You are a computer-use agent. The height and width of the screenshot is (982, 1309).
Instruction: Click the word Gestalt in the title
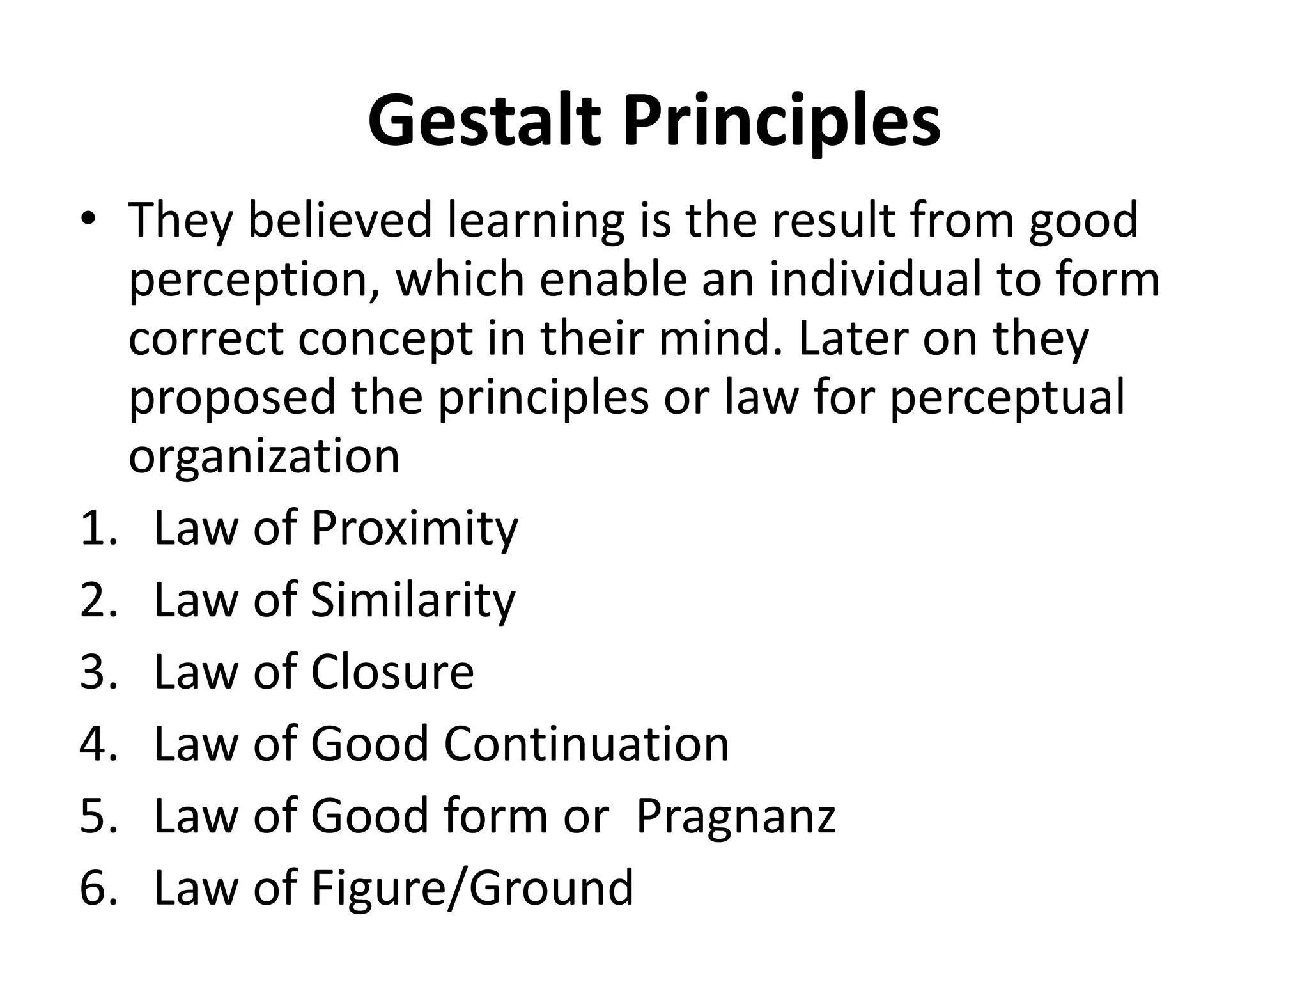[x=484, y=121]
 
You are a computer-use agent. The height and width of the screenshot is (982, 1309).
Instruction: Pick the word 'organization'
[x=264, y=456]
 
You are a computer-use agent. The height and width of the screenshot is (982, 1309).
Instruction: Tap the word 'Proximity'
[x=414, y=529]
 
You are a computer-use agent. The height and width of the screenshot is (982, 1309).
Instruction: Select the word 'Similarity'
[x=413, y=601]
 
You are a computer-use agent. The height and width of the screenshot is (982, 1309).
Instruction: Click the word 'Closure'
[x=392, y=673]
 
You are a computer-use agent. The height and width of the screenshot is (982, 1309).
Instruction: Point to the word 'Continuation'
[x=586, y=744]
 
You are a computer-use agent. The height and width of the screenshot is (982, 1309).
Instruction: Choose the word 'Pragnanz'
[x=736, y=817]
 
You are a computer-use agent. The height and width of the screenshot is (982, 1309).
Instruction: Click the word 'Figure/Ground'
[x=472, y=888]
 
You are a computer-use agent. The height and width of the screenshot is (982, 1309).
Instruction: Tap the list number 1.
[x=97, y=529]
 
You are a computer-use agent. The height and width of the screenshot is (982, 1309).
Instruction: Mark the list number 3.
[x=97, y=673]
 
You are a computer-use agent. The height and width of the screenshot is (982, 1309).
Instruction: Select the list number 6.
[x=97, y=888]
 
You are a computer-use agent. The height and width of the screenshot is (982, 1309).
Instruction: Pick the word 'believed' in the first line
[x=339, y=221]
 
